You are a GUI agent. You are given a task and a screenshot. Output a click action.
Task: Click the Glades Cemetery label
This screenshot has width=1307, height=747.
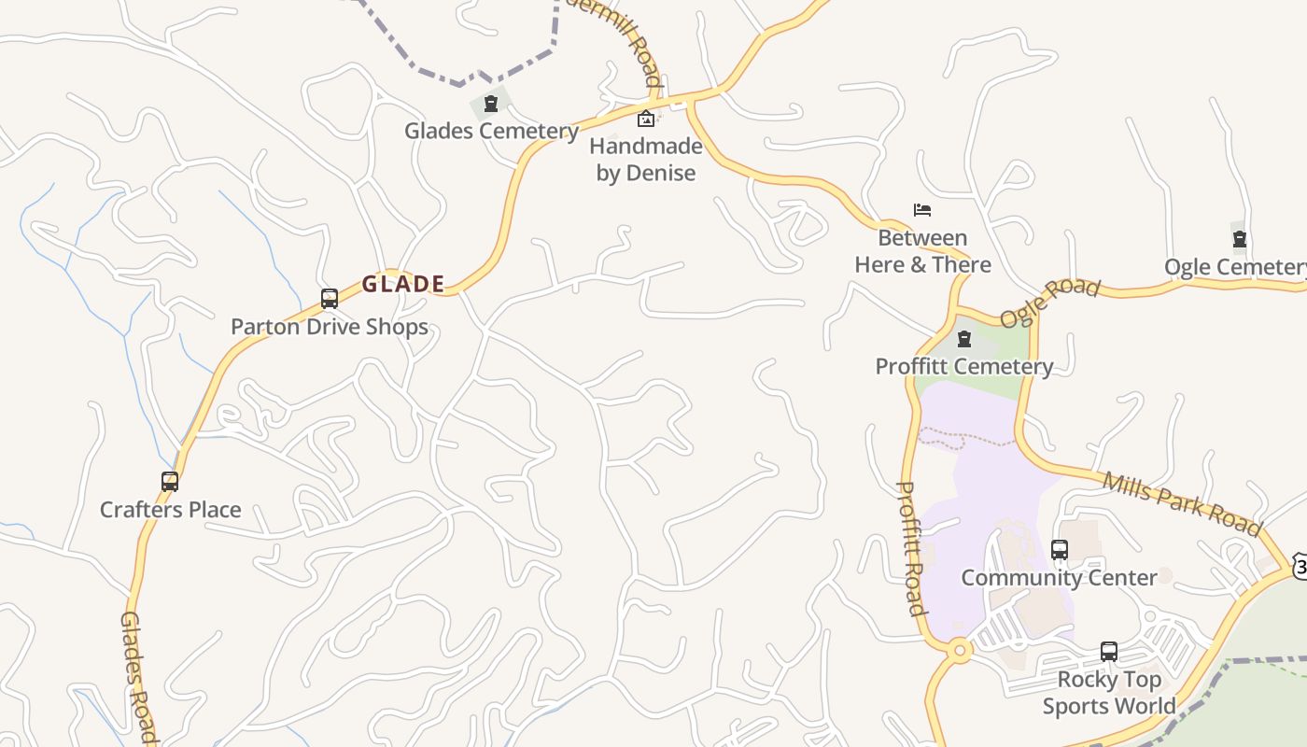(491, 131)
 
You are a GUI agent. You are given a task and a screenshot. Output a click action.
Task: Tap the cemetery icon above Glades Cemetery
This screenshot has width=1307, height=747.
(491, 104)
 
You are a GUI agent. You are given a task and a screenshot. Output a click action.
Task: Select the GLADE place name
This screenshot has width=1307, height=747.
(403, 284)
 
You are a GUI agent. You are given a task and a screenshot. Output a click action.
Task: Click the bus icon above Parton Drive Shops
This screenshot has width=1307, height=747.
(330, 299)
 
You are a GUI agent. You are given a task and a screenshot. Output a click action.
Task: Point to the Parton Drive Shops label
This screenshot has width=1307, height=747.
(330, 327)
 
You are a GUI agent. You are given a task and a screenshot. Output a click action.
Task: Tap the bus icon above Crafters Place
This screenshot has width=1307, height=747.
(170, 482)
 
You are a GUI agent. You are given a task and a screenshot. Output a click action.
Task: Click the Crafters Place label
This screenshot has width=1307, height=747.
(171, 510)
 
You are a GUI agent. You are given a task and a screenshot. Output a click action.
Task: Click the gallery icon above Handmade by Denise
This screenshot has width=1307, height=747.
(645, 119)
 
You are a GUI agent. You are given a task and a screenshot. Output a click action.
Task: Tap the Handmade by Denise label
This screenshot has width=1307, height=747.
(646, 160)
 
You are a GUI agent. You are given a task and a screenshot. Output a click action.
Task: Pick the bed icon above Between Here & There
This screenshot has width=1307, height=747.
(922, 210)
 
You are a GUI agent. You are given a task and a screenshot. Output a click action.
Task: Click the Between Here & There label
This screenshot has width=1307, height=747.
(922, 251)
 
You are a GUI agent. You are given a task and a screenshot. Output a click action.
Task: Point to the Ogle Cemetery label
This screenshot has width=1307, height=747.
(1235, 267)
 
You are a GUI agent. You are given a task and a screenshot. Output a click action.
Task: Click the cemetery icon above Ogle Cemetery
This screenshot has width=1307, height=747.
(1240, 240)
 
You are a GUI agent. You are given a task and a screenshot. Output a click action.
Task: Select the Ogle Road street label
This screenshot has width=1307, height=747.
(1050, 302)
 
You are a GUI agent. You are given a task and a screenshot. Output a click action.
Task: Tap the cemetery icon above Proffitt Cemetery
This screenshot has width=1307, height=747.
(964, 339)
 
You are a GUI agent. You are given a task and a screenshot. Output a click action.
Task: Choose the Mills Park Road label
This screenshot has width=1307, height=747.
(1182, 503)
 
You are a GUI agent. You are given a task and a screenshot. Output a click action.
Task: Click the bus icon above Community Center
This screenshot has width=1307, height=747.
(1060, 550)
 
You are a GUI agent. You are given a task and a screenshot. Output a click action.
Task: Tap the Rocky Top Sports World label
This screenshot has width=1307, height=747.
(1109, 693)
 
